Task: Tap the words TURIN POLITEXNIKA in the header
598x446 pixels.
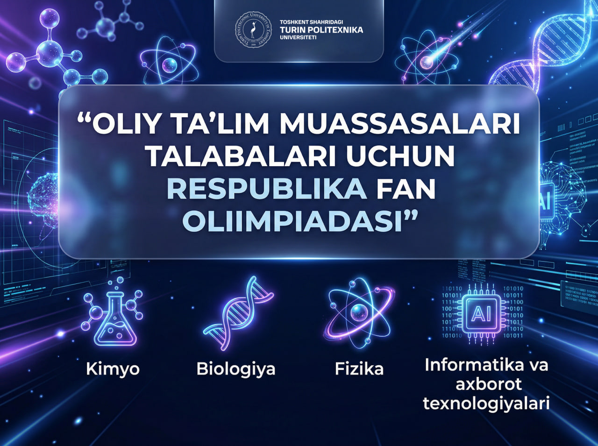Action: tap(321, 30)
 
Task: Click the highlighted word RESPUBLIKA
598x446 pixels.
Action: tap(267, 189)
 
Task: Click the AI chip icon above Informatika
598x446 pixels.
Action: tap(482, 312)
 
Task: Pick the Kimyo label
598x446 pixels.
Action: tap(113, 369)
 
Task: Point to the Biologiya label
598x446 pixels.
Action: tap(236, 369)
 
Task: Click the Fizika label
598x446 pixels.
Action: tap(359, 369)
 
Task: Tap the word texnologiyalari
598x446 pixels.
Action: tap(486, 403)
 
